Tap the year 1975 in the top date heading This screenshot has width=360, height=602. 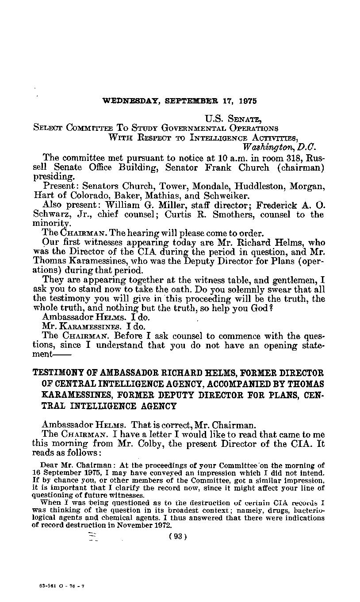[247, 101]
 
